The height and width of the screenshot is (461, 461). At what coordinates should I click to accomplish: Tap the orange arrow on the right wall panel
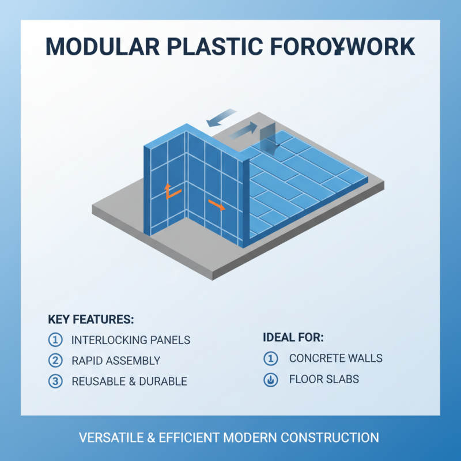coord(217,205)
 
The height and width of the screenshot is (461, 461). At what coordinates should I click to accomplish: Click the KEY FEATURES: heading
coord(91,319)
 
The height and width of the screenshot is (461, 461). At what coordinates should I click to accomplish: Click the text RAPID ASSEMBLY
coord(116,361)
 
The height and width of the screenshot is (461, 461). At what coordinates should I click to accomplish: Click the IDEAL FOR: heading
coord(293,337)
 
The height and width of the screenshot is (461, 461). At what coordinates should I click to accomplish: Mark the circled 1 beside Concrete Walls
coord(270,358)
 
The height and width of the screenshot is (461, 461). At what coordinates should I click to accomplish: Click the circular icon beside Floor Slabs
coord(270,379)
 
